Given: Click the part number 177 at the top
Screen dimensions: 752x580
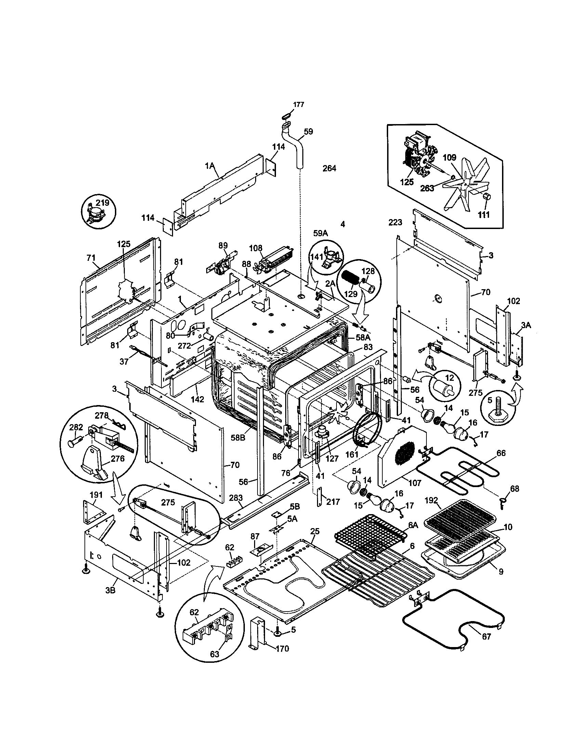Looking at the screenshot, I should (x=298, y=105).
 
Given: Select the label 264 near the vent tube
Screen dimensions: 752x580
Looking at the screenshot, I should (x=329, y=169).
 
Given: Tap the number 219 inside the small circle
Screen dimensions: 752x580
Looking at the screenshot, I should (x=102, y=202).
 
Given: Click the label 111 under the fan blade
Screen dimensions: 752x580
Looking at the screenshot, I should (x=484, y=215).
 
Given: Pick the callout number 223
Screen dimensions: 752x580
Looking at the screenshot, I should (x=395, y=223).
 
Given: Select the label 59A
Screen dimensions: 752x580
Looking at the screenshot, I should (x=320, y=233).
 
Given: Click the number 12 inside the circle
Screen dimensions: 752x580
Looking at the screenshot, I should (x=450, y=378).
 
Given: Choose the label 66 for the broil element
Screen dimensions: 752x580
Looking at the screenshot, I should (x=501, y=453).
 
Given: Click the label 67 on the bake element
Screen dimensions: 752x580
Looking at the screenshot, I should (x=486, y=637).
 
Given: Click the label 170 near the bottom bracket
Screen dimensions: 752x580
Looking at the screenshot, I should (x=282, y=649).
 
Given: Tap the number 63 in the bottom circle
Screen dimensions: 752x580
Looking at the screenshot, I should (x=214, y=654).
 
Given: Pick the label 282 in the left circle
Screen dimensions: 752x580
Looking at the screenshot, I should (x=76, y=427).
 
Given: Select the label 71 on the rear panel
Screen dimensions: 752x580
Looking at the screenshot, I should (x=91, y=257).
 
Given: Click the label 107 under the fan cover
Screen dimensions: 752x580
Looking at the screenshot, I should (x=415, y=483).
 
